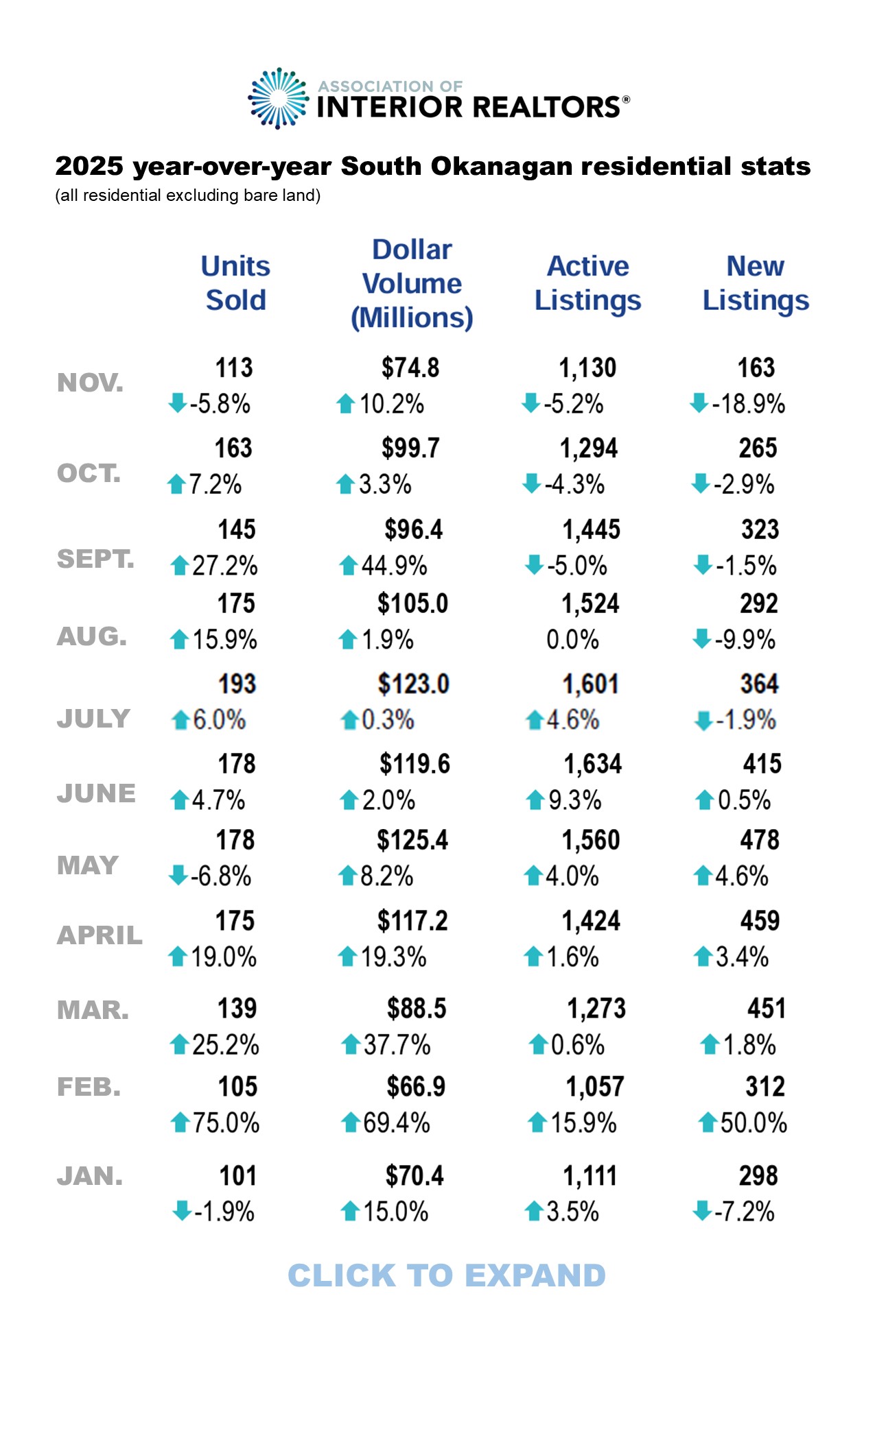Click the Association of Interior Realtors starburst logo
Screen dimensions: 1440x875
pyautogui.click(x=278, y=99)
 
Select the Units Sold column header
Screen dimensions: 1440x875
pyautogui.click(x=235, y=283)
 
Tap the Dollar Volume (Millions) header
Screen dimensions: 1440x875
pyautogui.click(x=412, y=284)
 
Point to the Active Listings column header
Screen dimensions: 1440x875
pyautogui.click(x=587, y=283)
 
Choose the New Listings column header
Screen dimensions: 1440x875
pyautogui.click(x=756, y=283)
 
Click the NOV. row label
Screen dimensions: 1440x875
pyautogui.click(x=91, y=383)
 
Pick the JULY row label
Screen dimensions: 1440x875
pyautogui.click(x=93, y=719)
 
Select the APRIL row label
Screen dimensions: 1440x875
pyautogui.click(x=100, y=935)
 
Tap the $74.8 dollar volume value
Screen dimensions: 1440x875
pyautogui.click(x=410, y=368)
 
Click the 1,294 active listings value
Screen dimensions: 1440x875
pyautogui.click(x=589, y=448)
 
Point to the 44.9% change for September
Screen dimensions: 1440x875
pyautogui.click(x=394, y=566)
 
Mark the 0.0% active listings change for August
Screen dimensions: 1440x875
pyautogui.click(x=572, y=640)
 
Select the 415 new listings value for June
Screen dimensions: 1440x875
pyautogui.click(x=762, y=764)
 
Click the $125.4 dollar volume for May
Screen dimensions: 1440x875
pyautogui.click(x=412, y=840)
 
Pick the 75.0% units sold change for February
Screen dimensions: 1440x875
pyautogui.click(x=226, y=1123)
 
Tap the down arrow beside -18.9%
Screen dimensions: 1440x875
pyautogui.click(x=699, y=403)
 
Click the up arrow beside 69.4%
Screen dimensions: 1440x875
pyautogui.click(x=351, y=1123)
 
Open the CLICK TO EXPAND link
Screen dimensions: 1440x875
pyautogui.click(x=447, y=1275)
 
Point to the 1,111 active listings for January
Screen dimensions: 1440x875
pyautogui.click(x=590, y=1176)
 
